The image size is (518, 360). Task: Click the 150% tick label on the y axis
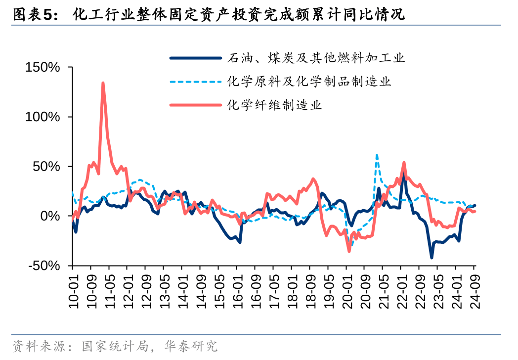tap(43, 67)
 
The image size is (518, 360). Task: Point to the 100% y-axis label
tap(43, 117)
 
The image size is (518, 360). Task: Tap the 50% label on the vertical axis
tap(46, 167)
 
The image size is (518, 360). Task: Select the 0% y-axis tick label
tap(50, 216)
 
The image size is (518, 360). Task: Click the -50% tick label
tap(43, 266)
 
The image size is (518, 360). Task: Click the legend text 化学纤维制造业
tap(274, 105)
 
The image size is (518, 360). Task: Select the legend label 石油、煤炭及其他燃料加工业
tap(316, 58)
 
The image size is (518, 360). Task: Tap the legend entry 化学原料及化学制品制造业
tap(309, 81)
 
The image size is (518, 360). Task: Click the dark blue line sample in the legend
tap(195, 58)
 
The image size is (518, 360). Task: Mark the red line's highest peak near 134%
tap(103, 83)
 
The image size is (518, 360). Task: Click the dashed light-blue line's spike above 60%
tap(377, 155)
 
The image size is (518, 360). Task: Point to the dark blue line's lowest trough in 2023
tap(432, 258)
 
